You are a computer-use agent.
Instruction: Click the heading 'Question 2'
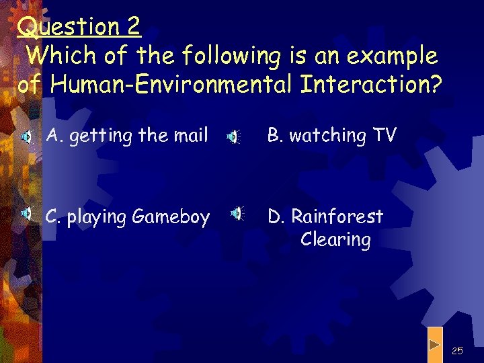click(x=79, y=26)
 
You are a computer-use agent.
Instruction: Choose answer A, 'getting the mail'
click(x=127, y=136)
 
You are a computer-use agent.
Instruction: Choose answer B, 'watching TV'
click(x=332, y=136)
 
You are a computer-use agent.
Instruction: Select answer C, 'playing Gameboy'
click(x=127, y=217)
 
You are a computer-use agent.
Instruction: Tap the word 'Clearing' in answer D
click(x=335, y=240)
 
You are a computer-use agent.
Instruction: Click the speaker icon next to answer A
click(x=25, y=137)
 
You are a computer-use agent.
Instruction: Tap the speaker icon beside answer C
click(x=26, y=214)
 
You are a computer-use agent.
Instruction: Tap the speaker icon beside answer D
click(x=237, y=214)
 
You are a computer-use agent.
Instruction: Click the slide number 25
click(x=458, y=350)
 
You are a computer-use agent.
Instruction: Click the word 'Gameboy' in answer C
click(x=171, y=217)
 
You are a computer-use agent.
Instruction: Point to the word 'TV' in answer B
click(x=385, y=136)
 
